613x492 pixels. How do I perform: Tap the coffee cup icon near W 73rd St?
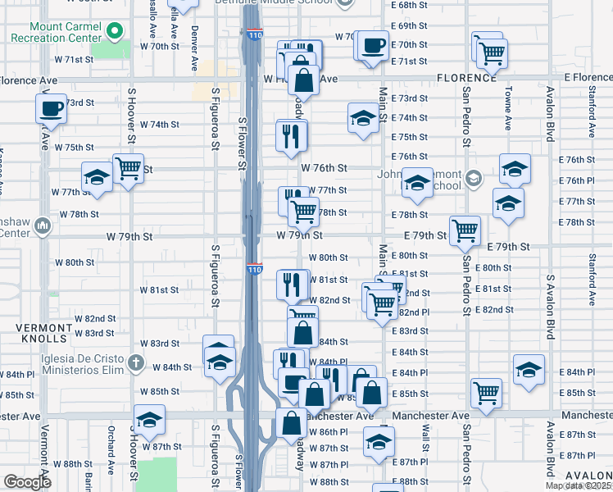coord(50,107)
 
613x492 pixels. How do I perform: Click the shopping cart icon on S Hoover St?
coord(128,169)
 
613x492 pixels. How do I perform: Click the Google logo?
coord(27,482)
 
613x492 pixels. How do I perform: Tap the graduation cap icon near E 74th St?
coord(362,118)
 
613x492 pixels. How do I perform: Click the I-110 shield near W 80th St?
coord(254,268)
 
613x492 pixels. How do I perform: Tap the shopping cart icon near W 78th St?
coord(303,212)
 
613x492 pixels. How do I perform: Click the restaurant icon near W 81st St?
coord(292,285)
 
